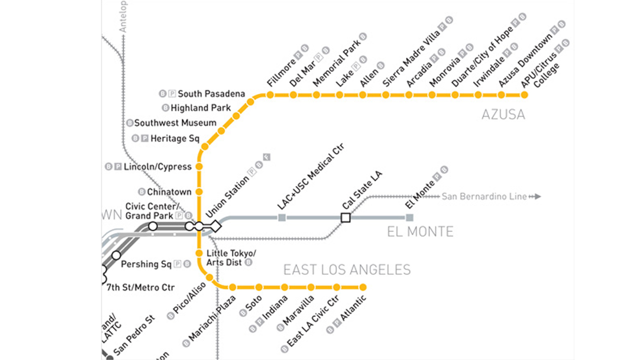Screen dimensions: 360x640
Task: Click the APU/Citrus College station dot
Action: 524,94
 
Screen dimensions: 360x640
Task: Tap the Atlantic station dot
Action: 363,287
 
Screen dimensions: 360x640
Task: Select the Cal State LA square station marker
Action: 345,217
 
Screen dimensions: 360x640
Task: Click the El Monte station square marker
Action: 409,217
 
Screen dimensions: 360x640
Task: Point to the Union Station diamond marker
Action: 215,226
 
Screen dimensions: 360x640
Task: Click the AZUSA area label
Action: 503,114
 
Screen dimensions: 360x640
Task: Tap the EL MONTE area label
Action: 420,231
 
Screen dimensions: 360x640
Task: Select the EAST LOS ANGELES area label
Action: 347,270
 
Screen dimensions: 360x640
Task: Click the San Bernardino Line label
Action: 484,196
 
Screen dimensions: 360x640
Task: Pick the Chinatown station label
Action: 169,191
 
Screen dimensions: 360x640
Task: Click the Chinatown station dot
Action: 199,191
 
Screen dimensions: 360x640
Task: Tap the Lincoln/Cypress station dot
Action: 199,166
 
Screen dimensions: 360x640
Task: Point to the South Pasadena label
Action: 211,93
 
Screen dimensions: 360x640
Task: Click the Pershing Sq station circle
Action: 116,255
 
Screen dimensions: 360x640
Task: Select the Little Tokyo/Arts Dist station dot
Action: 199,252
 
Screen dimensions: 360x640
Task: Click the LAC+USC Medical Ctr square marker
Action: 281,217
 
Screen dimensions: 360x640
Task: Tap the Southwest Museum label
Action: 175,122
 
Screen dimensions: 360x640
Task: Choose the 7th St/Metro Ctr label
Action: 140,287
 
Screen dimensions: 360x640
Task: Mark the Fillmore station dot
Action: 270,94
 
